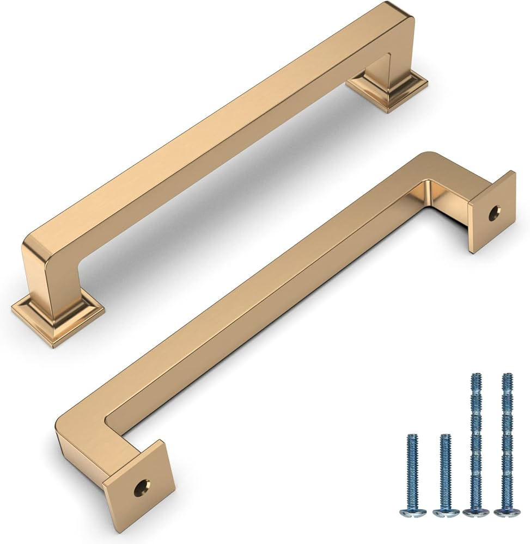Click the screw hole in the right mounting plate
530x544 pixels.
click(x=494, y=213)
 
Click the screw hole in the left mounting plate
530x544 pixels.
click(x=142, y=487)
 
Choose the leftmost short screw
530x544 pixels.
click(x=412, y=473)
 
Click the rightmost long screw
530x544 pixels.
click(x=507, y=441)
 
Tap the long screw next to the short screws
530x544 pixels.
click(x=476, y=441)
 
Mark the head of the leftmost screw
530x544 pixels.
click(x=412, y=512)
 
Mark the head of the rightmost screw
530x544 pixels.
click(x=506, y=511)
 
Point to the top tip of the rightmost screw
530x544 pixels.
click(x=507, y=375)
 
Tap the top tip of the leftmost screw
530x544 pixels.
click(x=412, y=436)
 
